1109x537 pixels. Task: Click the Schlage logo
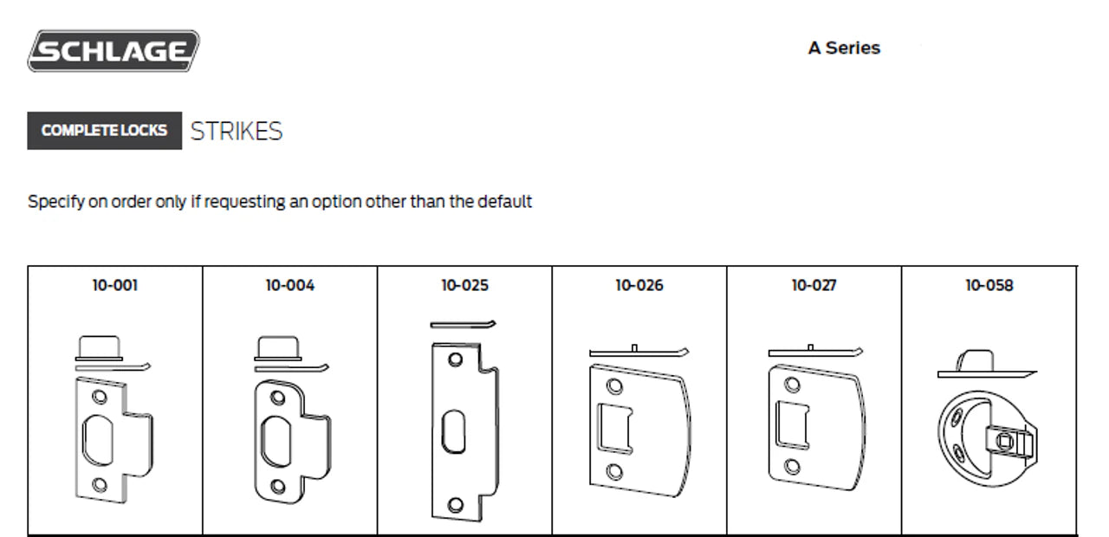[x=113, y=51]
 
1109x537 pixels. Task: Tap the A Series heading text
[x=844, y=48]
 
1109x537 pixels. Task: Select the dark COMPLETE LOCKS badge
[x=105, y=131]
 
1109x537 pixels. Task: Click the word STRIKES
[x=237, y=131]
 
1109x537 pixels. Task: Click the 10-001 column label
[x=115, y=285]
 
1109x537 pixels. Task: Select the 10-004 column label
[x=290, y=285]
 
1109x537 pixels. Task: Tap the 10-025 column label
[x=465, y=285]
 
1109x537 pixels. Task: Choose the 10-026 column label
[x=639, y=285]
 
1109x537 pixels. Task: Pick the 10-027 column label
[x=814, y=285]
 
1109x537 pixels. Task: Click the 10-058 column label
[x=989, y=285]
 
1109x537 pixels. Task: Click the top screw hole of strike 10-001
[x=99, y=397]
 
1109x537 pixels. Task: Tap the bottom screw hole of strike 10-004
[x=278, y=486]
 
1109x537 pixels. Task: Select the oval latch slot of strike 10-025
[x=453, y=431]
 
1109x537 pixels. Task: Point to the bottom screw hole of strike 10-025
[x=455, y=505]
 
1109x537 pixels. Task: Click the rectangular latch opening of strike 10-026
[x=615, y=429]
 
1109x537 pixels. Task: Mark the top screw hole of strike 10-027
[x=792, y=385]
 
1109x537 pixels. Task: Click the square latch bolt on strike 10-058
[x=1004, y=441]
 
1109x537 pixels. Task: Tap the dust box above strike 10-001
[x=99, y=348]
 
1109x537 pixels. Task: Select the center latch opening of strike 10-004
[x=276, y=442]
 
